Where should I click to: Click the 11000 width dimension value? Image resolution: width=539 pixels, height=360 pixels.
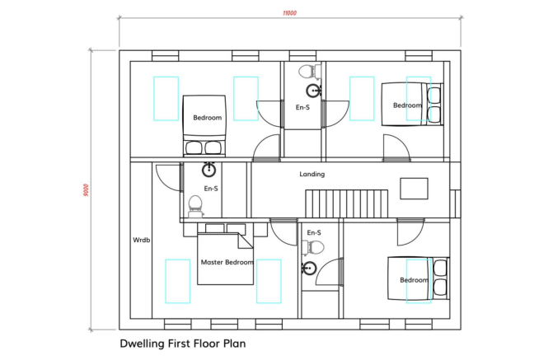tap(289, 13)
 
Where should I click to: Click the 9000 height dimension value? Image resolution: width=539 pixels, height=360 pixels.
tap(86, 190)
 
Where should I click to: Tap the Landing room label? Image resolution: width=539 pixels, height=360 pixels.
tap(312, 174)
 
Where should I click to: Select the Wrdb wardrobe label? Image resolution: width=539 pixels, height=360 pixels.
tap(141, 240)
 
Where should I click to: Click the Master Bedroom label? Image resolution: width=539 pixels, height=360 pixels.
tap(227, 262)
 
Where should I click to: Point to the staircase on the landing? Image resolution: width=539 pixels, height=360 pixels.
tap(346, 203)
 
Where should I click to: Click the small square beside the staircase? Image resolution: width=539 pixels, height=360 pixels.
tap(414, 189)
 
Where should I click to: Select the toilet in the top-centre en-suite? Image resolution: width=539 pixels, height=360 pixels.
tap(310, 72)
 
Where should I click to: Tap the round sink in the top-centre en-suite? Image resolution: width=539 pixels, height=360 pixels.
tap(313, 91)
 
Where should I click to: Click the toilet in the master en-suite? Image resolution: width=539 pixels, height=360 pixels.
tap(195, 206)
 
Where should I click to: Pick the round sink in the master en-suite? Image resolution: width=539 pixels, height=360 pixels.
tap(209, 170)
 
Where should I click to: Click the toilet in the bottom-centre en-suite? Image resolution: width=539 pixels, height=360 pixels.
tap(313, 247)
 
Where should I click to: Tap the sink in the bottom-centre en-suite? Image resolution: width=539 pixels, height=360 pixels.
tap(309, 269)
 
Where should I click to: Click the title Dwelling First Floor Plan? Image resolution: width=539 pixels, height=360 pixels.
tap(182, 344)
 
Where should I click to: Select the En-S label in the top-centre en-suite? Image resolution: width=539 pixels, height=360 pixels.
tap(302, 107)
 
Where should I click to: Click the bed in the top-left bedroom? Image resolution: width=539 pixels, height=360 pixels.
tap(204, 126)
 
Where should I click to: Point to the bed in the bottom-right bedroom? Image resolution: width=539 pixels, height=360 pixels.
tap(419, 278)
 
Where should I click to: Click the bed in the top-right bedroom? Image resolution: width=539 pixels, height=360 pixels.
tap(412, 104)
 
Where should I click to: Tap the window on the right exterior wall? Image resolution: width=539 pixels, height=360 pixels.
tap(455, 203)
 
